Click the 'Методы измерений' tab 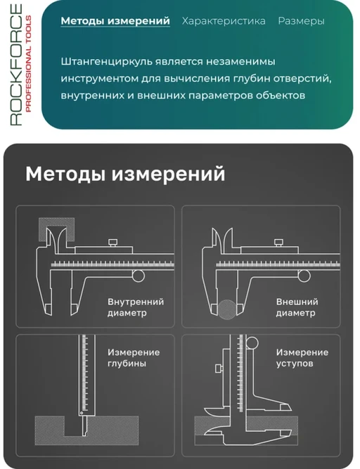coord(115,21)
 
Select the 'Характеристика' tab coord(224,21)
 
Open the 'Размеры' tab coord(301,21)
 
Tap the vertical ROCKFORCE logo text coord(16,65)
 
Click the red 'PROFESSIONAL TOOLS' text coord(28,64)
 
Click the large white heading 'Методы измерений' coord(125,174)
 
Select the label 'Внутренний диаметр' coord(136,307)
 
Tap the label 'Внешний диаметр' coord(297,307)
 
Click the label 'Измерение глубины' coord(134,358)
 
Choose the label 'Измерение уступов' coord(302,358)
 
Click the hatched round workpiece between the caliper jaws coord(227,309)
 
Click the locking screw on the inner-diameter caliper coord(112,243)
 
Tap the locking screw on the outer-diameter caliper coord(278,243)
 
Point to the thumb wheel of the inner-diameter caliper coord(139,276)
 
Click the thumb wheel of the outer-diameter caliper coord(304,276)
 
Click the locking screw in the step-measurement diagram coord(219,368)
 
